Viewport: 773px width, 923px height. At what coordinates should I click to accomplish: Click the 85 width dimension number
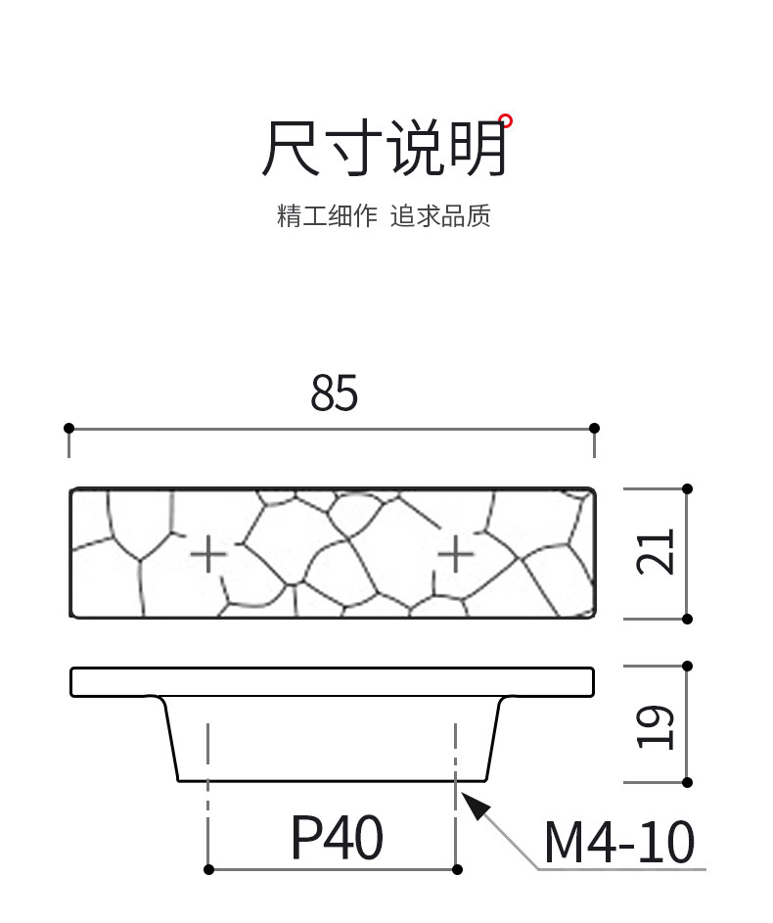(335, 392)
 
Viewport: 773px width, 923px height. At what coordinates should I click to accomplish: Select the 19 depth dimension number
(657, 726)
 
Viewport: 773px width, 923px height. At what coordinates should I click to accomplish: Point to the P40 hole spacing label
(337, 839)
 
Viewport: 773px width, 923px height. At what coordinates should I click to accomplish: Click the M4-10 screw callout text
(619, 842)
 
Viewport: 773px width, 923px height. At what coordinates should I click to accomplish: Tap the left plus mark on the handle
(207, 555)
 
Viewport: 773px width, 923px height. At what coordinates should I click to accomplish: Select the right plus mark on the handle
(455, 555)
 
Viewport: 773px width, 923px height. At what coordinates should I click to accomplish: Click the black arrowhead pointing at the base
(475, 807)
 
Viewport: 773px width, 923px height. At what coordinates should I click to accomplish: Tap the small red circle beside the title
(505, 121)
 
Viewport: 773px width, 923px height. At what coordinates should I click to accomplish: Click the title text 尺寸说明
(385, 149)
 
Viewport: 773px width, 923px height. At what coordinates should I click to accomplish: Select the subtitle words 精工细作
(327, 216)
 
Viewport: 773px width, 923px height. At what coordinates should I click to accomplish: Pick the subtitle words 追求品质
(440, 216)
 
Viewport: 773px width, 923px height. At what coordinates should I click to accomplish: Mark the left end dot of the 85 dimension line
(68, 428)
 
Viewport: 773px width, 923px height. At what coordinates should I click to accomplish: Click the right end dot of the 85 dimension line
(595, 428)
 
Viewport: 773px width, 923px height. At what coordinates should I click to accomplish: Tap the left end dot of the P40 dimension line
(208, 869)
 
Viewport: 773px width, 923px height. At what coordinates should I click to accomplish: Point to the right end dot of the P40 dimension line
(456, 869)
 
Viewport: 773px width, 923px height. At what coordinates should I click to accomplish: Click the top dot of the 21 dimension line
(688, 487)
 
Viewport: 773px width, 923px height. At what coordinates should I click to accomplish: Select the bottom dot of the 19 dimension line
(688, 782)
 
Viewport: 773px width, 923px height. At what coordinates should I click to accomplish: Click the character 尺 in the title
(292, 149)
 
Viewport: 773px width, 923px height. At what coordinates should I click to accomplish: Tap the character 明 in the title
(478, 149)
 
